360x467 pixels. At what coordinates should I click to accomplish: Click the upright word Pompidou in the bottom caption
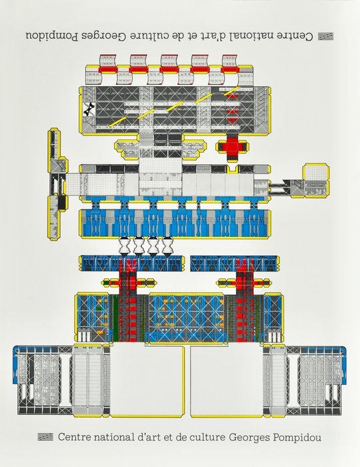click(297, 438)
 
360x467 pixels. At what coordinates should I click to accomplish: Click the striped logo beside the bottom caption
click(45, 437)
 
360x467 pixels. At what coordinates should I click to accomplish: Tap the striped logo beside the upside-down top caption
click(326, 36)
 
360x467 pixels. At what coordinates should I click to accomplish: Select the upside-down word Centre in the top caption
click(295, 36)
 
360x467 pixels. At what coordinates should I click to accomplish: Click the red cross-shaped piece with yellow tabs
click(233, 147)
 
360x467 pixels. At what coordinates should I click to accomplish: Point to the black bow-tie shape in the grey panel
click(89, 109)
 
